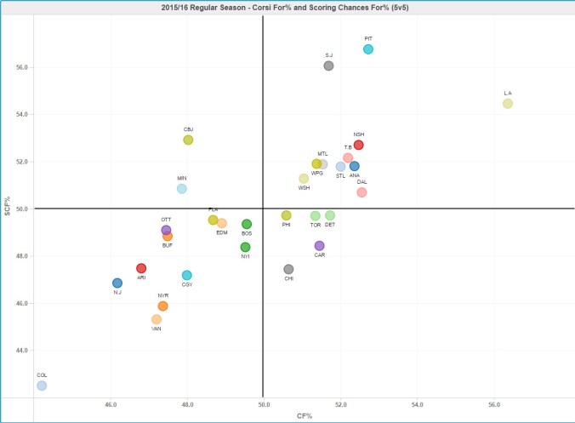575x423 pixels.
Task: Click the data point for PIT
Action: (368, 49)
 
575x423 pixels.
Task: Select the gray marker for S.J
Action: (329, 66)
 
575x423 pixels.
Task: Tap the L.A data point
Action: (508, 104)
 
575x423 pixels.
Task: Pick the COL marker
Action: (42, 386)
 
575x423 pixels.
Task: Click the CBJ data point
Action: (188, 140)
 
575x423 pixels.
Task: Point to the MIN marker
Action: (181, 188)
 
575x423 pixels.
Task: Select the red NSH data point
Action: (359, 145)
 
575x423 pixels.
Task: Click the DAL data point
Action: (362, 192)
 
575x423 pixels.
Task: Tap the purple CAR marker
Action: (319, 246)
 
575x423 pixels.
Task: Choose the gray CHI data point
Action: (289, 269)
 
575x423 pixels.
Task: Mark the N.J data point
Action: (117, 283)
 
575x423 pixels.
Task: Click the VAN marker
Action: (157, 319)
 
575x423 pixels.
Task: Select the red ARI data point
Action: (141, 268)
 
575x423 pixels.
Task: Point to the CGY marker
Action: (187, 275)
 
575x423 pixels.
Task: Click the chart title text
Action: (287, 8)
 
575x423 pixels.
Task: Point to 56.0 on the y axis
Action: (23, 66)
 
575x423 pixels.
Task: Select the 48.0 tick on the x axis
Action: (188, 405)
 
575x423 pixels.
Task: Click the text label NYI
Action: (245, 256)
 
